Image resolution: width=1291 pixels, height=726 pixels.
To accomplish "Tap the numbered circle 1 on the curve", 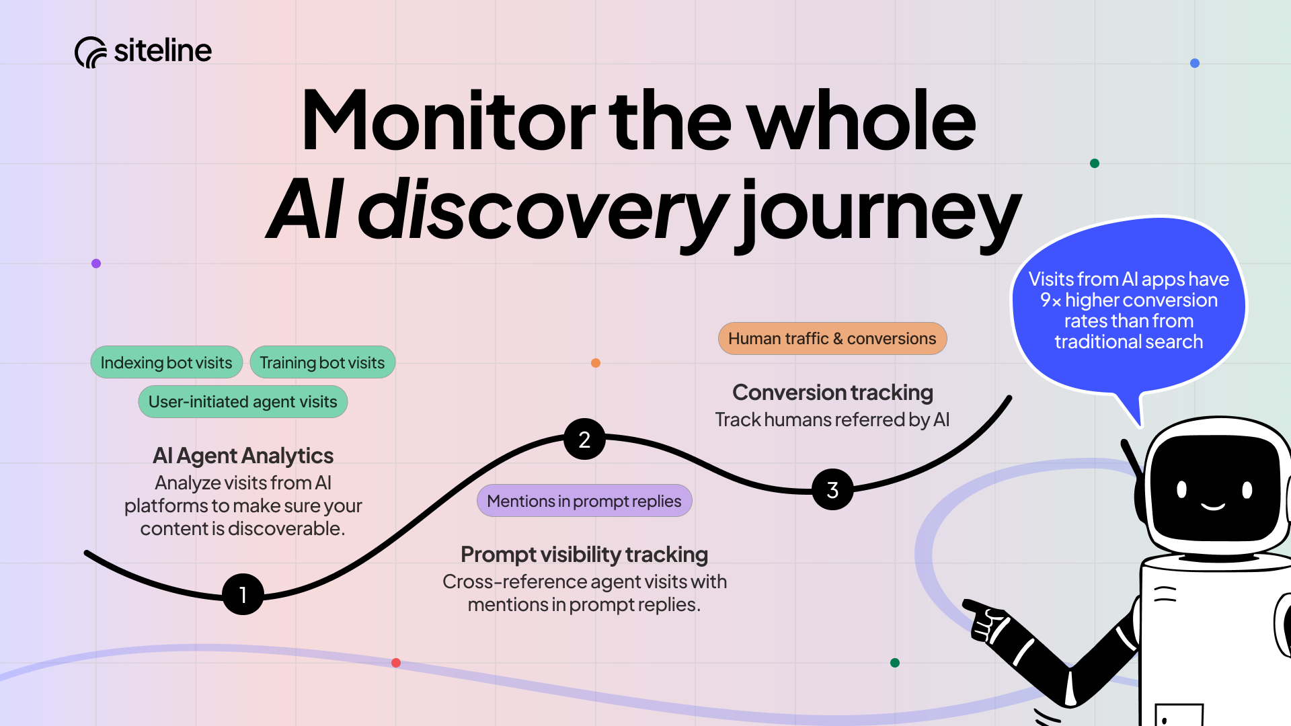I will point(243,594).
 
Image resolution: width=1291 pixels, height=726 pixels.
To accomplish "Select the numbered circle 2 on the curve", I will point(584,439).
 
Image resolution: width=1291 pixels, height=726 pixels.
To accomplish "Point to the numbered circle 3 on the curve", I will point(832,489).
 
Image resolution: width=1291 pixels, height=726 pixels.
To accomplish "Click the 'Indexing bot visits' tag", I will point(166,362).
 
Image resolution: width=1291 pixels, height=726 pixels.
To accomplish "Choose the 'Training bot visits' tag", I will point(322,362).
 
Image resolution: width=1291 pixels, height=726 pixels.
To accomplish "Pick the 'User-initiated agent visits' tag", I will point(243,401).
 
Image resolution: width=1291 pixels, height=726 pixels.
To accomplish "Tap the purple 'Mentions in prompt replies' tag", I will point(584,501).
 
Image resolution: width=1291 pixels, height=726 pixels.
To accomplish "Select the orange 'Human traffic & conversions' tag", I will point(832,338).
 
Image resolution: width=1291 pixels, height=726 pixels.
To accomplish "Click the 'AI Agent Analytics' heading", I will point(243,456).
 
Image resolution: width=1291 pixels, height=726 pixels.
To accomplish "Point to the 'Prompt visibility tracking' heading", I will point(584,555).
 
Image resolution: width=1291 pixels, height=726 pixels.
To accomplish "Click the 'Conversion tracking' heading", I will point(832,393).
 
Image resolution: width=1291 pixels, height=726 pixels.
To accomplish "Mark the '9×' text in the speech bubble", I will point(1050,300).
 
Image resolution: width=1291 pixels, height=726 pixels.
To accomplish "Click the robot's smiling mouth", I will point(1213,506).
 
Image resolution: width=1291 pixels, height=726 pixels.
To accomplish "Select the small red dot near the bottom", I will point(396,663).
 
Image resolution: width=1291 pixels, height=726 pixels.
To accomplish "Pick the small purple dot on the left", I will point(96,264).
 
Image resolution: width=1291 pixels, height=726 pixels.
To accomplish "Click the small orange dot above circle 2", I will point(596,363).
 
